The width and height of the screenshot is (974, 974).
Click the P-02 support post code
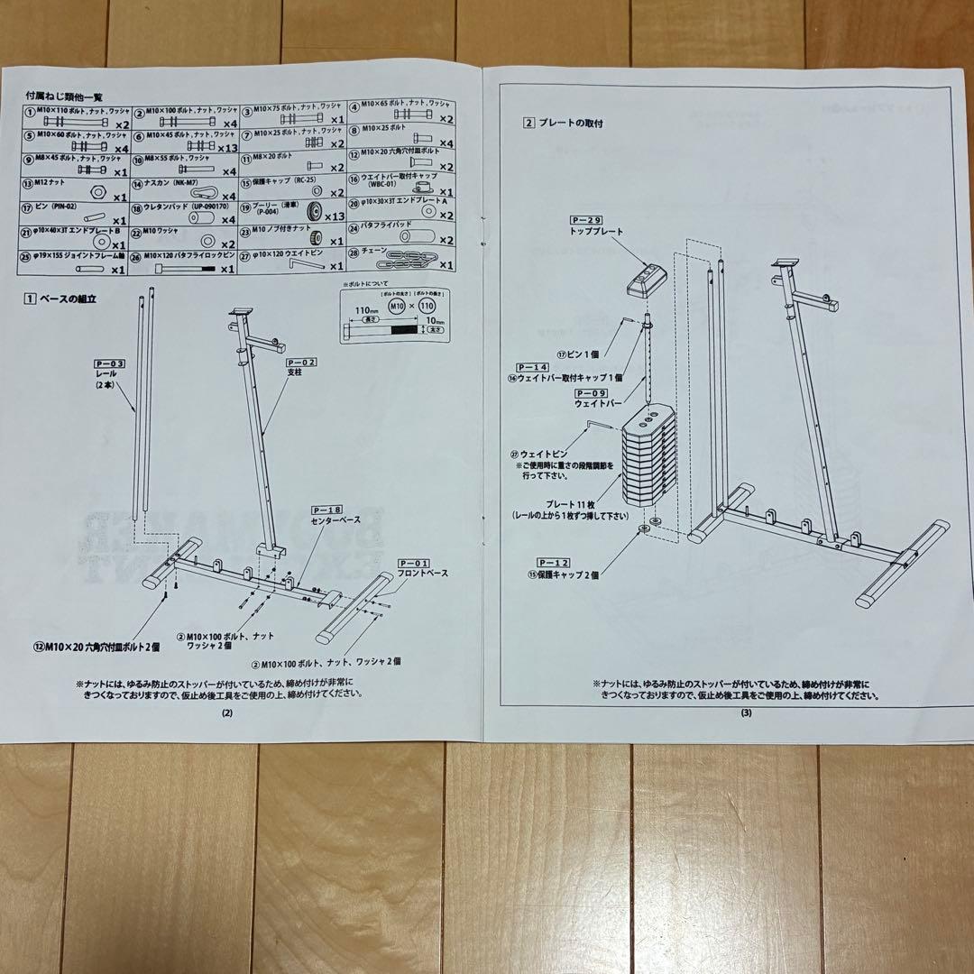tap(303, 362)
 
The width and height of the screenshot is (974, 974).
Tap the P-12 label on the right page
tap(553, 562)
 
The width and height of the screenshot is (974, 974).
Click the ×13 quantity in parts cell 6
tap(227, 147)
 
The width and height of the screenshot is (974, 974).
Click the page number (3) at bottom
tap(745, 713)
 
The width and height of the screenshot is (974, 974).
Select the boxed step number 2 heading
tap(529, 123)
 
